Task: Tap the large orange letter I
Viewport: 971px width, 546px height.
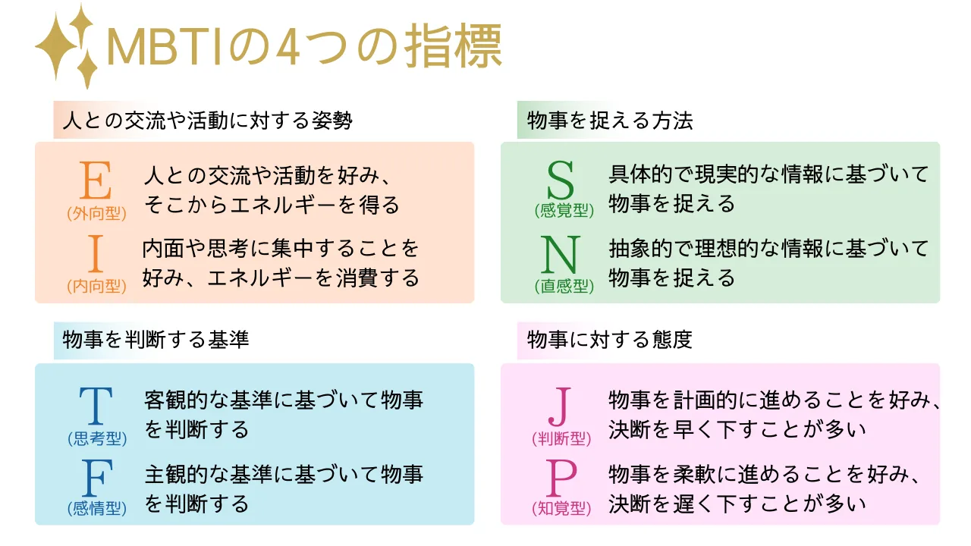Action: coord(96,253)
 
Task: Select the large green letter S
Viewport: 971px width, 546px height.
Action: coord(561,180)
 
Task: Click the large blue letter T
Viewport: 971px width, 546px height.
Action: coord(96,406)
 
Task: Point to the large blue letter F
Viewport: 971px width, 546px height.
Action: coord(97,478)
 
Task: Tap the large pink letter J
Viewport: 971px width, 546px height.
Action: coord(560,407)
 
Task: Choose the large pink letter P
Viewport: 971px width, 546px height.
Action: coord(561,478)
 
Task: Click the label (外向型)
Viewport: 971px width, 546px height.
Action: coord(96,213)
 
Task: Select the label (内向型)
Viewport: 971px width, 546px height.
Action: coord(96,286)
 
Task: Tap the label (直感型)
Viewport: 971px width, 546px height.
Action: coord(564,286)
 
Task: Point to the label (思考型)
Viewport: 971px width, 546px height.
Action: coord(97,439)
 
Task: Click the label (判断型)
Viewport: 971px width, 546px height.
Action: coord(561,439)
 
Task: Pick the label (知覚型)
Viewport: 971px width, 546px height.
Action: coord(561,508)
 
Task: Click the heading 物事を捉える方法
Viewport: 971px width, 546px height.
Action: coord(610,120)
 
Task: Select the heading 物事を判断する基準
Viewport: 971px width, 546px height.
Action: coord(156,339)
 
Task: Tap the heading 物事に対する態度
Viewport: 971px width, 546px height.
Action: coord(610,339)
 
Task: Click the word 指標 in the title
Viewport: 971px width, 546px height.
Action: coord(454,46)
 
